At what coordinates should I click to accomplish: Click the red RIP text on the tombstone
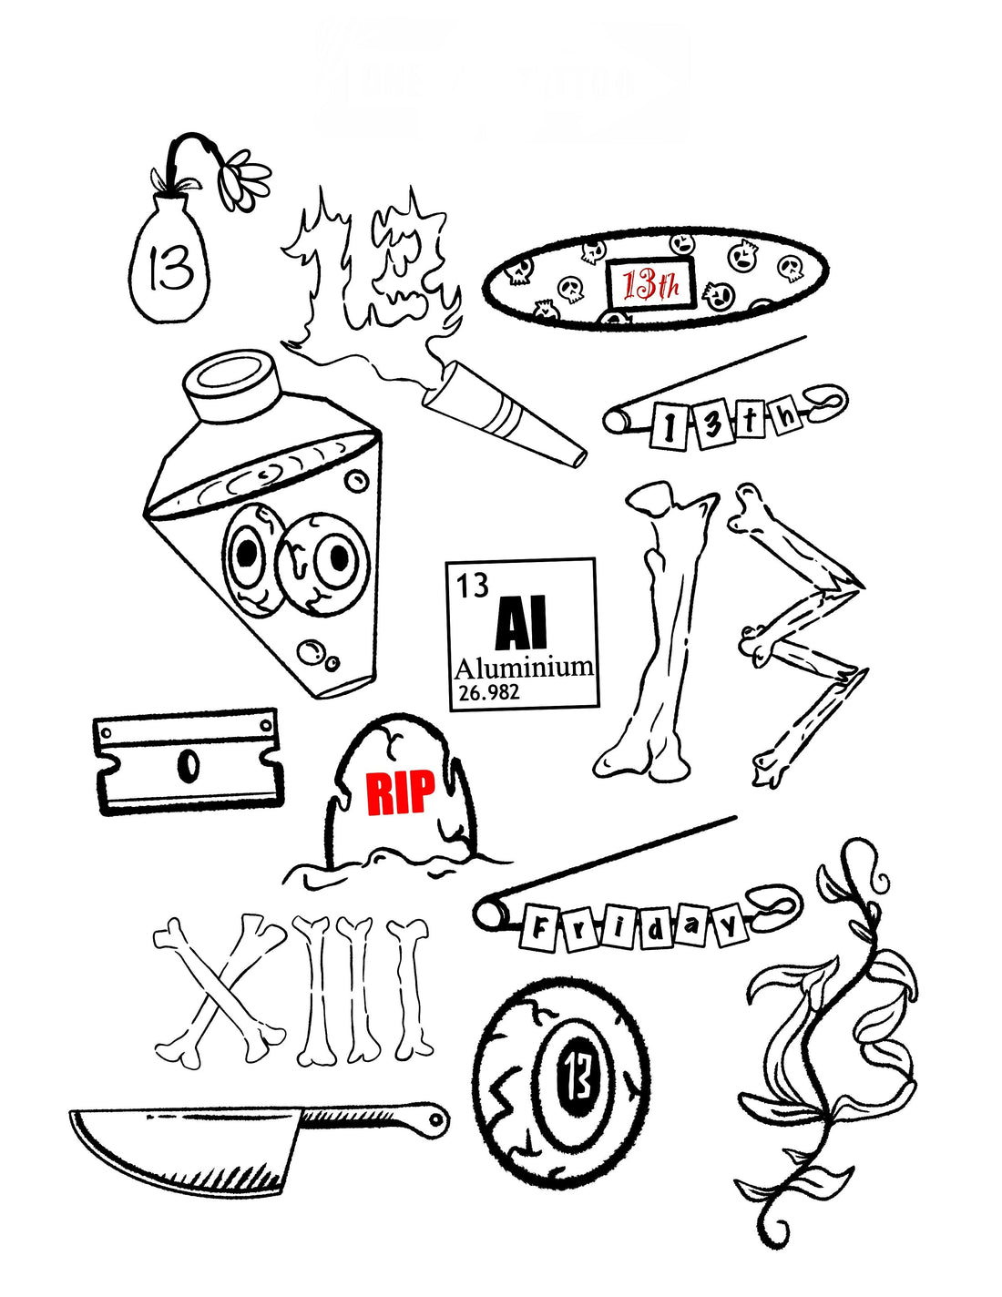point(400,791)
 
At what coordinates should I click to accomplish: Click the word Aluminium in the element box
point(524,668)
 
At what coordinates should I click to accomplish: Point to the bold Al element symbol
point(520,625)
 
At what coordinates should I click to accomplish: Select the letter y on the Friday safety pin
point(730,926)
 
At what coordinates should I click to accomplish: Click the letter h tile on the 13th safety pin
point(787,416)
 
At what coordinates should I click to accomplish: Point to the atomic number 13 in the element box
point(472,585)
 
